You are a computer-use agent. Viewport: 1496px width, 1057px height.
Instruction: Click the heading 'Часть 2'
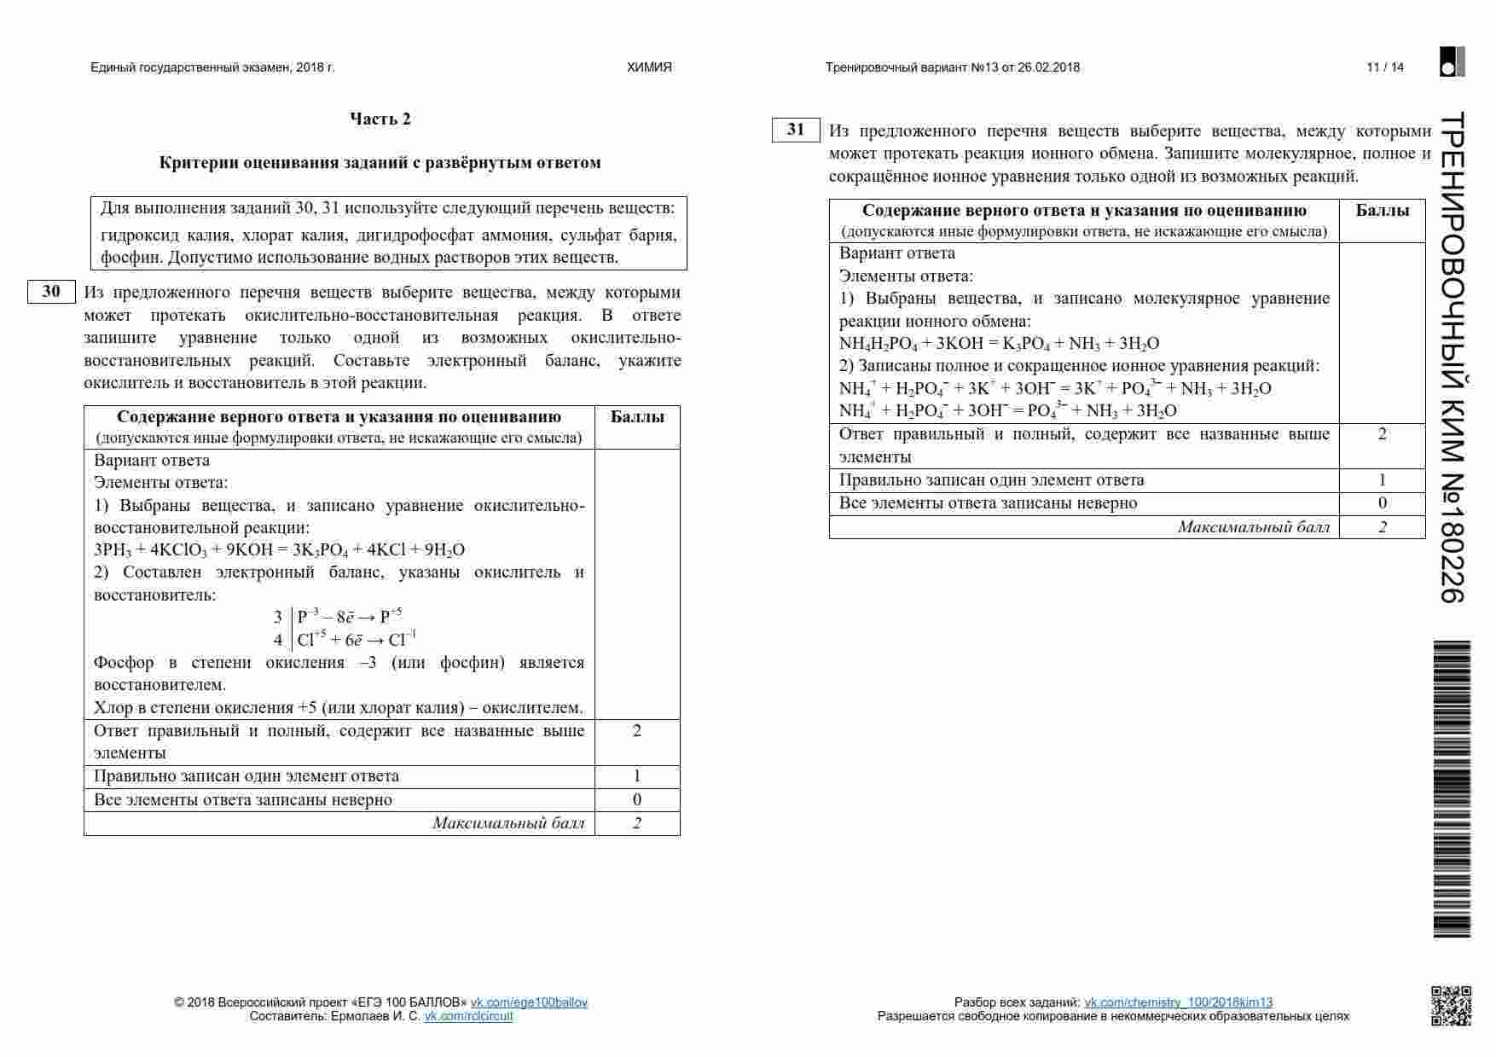pyautogui.click(x=380, y=119)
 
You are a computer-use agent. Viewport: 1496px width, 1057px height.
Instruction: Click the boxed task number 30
pyautogui.click(x=51, y=292)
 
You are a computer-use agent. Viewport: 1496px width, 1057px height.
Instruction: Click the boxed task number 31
pyautogui.click(x=796, y=130)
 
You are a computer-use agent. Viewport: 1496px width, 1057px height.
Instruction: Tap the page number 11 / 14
pyautogui.click(x=1384, y=67)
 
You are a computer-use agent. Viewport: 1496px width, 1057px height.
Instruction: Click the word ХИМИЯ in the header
pyautogui.click(x=649, y=67)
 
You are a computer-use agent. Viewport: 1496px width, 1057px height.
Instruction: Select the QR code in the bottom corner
pyautogui.click(x=1450, y=1005)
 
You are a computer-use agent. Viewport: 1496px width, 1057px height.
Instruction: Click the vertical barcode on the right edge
pyautogui.click(x=1452, y=788)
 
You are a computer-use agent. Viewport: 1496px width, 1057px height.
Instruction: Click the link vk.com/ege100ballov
pyautogui.click(x=529, y=1002)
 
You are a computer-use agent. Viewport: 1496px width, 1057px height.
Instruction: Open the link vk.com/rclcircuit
pyautogui.click(x=468, y=1016)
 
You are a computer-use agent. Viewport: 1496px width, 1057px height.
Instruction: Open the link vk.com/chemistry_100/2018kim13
pyautogui.click(x=1178, y=1002)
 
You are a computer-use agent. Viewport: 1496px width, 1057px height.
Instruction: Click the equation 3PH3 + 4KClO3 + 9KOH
pyautogui.click(x=279, y=550)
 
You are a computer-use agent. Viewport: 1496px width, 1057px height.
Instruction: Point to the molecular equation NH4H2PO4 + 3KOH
pyautogui.click(x=999, y=344)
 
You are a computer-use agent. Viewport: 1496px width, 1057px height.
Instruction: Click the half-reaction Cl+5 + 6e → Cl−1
pyautogui.click(x=357, y=640)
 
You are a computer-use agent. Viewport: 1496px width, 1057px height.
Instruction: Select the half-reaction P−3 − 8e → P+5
pyautogui.click(x=350, y=617)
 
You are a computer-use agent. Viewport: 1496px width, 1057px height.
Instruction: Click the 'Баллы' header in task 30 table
pyautogui.click(x=637, y=417)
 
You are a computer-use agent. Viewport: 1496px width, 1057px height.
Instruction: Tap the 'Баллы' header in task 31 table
pyautogui.click(x=1382, y=211)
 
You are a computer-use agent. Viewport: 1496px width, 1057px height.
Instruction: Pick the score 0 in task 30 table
pyautogui.click(x=637, y=799)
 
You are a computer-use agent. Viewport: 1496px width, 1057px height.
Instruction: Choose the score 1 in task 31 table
pyautogui.click(x=1382, y=480)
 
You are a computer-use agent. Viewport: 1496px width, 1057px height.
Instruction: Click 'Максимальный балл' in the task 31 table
pyautogui.click(x=1253, y=527)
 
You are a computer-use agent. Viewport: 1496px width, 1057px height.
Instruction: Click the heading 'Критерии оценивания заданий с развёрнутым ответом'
pyautogui.click(x=380, y=163)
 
